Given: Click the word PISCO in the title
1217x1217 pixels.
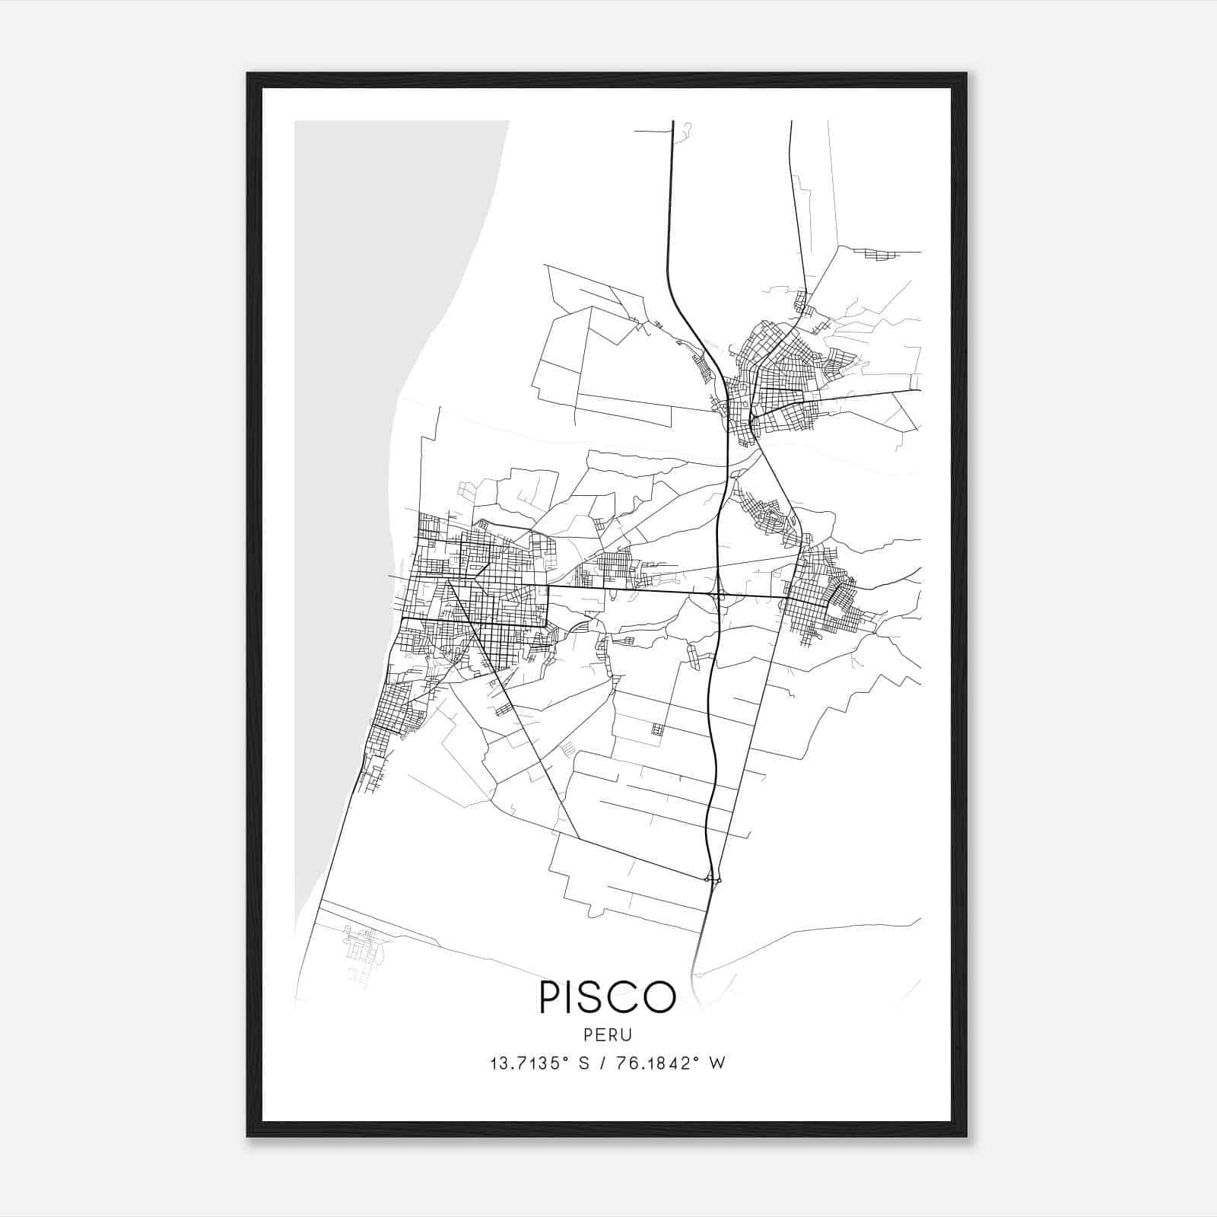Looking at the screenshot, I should (608, 997).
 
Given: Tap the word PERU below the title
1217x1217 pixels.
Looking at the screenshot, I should (608, 1034).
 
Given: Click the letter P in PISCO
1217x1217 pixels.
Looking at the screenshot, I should (550, 997).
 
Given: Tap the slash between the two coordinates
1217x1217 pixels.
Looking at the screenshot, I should (602, 1063).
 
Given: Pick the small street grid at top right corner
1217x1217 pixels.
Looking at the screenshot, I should (882, 255).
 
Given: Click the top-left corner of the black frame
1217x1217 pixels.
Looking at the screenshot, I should (248, 75).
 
